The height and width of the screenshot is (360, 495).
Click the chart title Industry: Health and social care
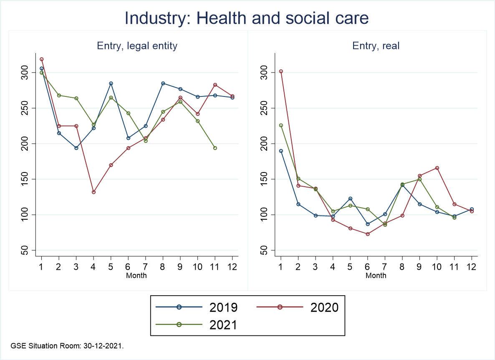(247, 19)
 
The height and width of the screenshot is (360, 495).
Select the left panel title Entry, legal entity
(137, 46)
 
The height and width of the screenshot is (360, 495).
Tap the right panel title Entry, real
(376, 46)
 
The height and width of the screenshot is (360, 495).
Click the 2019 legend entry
(196, 307)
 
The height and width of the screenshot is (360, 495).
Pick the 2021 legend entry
(196, 325)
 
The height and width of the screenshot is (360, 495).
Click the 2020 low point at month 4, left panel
(93, 192)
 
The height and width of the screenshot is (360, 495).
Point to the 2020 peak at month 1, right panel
(281, 71)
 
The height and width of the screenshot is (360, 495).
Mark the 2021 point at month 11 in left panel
(215, 148)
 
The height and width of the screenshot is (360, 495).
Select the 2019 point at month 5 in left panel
(111, 84)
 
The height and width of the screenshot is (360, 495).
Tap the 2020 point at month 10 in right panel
(437, 168)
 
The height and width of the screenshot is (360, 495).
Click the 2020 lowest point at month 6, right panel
(367, 234)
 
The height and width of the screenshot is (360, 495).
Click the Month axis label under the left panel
(137, 275)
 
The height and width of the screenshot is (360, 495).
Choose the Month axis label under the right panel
(376, 275)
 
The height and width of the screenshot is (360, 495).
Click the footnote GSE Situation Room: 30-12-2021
(67, 346)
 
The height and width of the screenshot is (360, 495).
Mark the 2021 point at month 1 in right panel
(281, 125)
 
